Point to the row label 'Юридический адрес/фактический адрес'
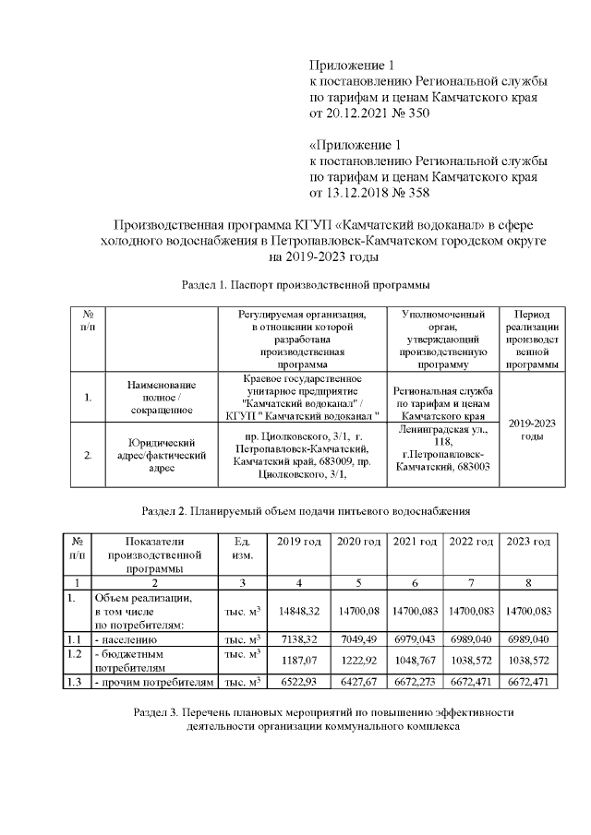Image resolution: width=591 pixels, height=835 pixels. point(161,455)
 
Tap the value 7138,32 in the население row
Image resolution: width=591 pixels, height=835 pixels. point(298,638)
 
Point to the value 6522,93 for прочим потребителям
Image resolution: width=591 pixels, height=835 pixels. point(298,682)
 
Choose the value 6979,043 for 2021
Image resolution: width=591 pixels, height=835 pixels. point(415,638)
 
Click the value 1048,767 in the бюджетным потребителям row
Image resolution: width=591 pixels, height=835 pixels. point(415,661)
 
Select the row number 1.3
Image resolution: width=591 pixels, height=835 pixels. point(76,682)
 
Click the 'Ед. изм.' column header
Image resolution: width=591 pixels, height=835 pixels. point(238,548)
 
